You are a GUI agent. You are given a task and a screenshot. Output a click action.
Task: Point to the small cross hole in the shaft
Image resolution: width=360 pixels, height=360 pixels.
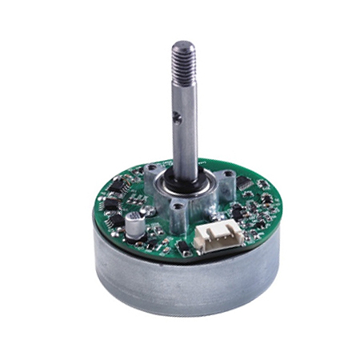pyautogui.click(x=178, y=118)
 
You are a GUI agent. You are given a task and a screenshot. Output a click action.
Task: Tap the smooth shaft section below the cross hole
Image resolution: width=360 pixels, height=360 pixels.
pyautogui.click(x=183, y=148)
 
